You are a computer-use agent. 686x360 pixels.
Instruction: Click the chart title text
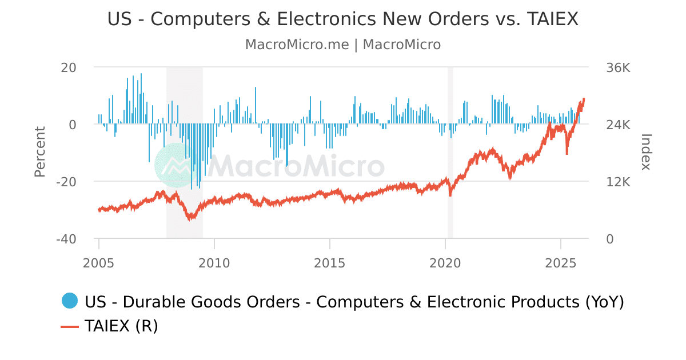[x=342, y=19]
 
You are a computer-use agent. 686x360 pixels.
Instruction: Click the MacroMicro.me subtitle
[x=342, y=45]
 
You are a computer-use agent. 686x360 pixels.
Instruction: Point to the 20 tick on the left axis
[x=69, y=67]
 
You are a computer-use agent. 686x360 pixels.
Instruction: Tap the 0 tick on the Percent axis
[x=72, y=125]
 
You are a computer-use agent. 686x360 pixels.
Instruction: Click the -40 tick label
[x=66, y=239]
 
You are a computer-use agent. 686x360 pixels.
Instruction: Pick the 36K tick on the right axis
[x=618, y=67]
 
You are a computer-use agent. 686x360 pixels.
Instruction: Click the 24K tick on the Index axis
[x=618, y=125]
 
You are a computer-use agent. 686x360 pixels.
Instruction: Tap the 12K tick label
[x=618, y=182]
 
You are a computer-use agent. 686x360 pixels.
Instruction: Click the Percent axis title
[x=39, y=152]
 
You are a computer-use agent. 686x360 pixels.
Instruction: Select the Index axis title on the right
[x=647, y=152]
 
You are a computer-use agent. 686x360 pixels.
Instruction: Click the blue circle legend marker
[x=69, y=301]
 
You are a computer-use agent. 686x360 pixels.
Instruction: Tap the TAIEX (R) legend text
[x=121, y=326]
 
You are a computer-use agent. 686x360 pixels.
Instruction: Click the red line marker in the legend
[x=69, y=326]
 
